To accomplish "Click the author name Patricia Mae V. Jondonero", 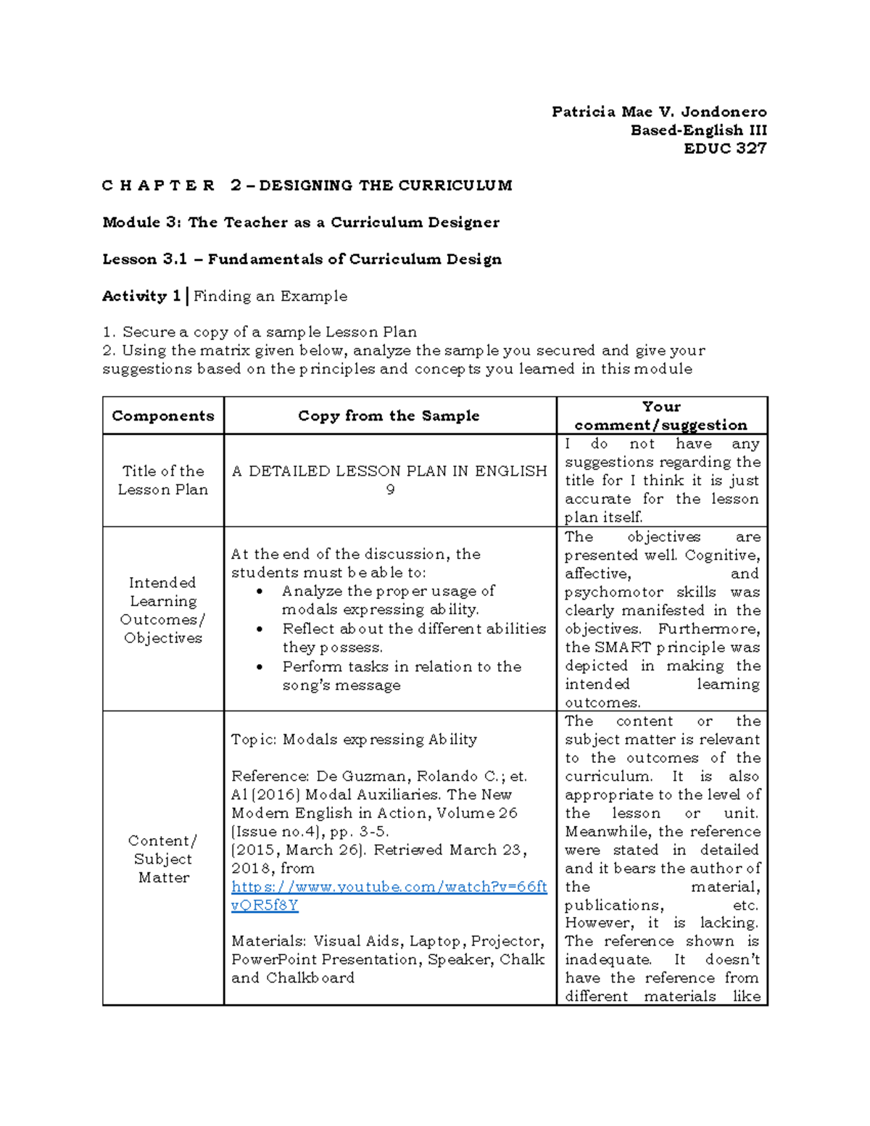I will pos(658,112).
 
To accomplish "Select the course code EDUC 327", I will pos(725,149).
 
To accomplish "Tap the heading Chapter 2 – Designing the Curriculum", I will pos(307,186).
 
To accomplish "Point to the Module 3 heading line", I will pos(300,223).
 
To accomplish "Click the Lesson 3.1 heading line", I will pos(302,260).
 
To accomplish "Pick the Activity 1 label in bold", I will pos(141,296).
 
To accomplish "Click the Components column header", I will pos(163,416).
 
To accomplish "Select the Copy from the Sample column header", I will pos(389,416).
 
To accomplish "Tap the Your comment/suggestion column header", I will pos(660,416).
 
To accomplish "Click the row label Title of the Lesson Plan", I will pos(163,480).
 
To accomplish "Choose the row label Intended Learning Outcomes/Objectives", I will pos(163,610).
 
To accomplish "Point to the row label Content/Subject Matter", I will pos(163,858).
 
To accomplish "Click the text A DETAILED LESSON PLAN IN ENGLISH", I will pos(389,471).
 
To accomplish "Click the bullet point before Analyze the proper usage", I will pos(260,592).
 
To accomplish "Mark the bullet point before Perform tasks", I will pos(260,667).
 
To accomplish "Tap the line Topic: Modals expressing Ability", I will pos(354,740).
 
